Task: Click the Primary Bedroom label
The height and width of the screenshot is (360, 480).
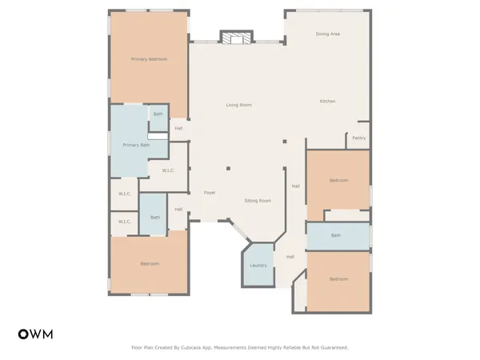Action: point(150,59)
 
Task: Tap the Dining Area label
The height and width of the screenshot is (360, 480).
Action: point(328,34)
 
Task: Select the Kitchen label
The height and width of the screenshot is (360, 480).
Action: point(328,101)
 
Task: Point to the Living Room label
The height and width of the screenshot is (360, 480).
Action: point(238,105)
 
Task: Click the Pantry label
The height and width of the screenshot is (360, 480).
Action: point(359,138)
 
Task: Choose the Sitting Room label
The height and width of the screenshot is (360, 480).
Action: point(258,201)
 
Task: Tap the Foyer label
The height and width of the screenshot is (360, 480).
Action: point(210,193)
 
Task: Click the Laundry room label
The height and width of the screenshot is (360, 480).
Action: point(258,265)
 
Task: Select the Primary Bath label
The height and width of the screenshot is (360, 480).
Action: point(136,145)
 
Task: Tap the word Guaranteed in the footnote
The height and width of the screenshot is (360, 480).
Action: point(334,348)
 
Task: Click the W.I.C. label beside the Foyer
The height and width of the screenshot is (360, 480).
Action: point(169,170)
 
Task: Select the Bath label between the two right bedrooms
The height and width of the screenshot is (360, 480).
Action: point(336,235)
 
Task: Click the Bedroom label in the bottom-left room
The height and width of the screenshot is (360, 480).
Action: point(150,263)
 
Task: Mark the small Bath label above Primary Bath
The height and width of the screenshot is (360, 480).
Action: point(158,115)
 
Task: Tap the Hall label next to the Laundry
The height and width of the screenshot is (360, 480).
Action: point(290,257)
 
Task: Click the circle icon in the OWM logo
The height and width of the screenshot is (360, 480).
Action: point(23,334)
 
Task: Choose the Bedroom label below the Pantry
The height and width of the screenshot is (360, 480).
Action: point(338,180)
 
